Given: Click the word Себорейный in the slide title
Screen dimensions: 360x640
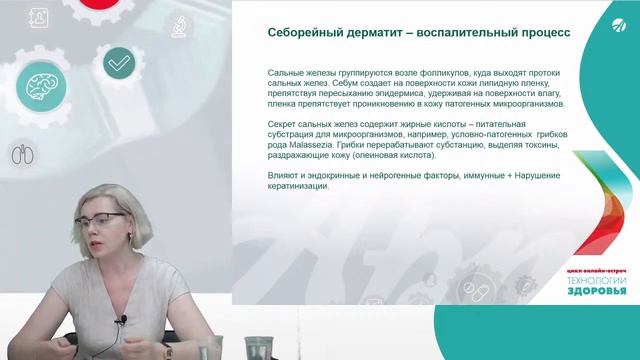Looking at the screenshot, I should click(298, 32).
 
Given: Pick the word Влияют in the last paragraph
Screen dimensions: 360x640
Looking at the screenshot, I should click(284, 176).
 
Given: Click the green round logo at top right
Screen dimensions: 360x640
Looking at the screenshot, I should click(610, 31).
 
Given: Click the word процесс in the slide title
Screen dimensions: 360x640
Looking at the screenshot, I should click(546, 32).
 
